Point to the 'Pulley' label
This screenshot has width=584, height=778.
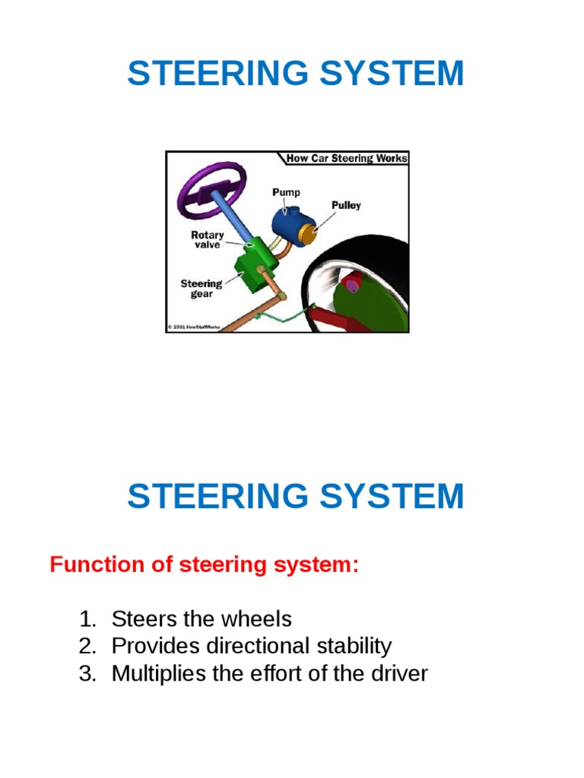[x=346, y=205]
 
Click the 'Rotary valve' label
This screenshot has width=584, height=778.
[x=207, y=240]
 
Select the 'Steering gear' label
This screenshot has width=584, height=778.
[x=201, y=289]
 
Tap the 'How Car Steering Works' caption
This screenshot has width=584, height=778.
[x=347, y=158]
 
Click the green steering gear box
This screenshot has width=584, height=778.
[x=251, y=266]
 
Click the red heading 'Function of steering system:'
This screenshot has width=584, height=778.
[x=204, y=565]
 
